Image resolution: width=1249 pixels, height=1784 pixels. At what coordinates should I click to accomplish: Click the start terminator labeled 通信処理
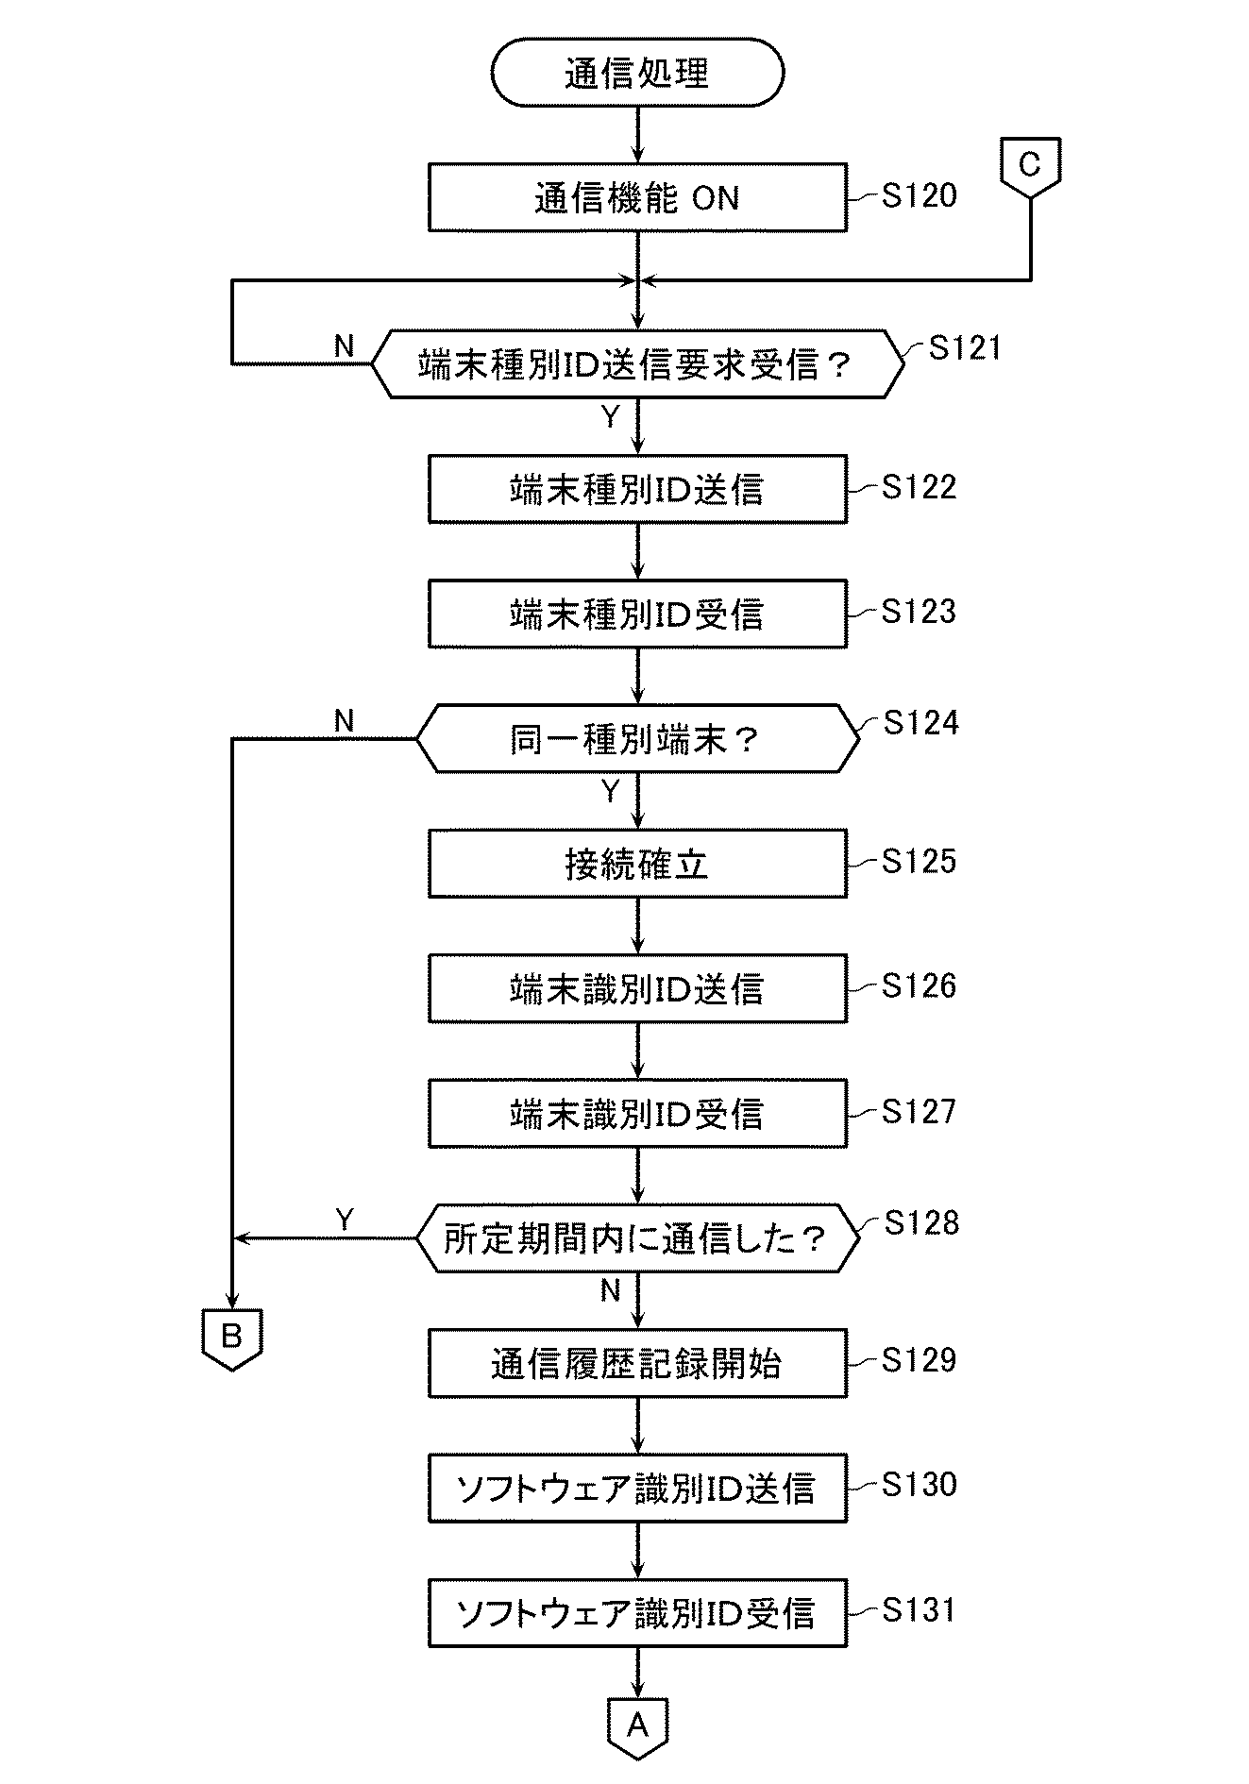point(637,73)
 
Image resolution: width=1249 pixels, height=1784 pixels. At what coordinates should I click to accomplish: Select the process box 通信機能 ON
point(637,197)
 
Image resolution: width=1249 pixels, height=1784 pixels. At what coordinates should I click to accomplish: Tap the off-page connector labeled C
point(1030,168)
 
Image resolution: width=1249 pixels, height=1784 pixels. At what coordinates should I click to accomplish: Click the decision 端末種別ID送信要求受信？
point(637,364)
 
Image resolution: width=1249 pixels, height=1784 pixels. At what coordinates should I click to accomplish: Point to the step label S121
point(964,347)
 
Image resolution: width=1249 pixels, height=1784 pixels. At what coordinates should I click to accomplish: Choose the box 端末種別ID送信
point(637,489)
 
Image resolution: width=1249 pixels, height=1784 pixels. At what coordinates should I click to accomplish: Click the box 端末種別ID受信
point(637,614)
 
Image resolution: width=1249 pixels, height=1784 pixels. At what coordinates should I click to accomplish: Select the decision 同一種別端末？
point(637,739)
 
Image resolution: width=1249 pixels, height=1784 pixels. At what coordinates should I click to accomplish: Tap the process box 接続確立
point(637,864)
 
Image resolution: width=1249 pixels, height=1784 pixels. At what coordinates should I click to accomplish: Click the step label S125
point(919,861)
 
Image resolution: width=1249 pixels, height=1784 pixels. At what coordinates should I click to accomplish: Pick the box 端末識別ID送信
point(637,988)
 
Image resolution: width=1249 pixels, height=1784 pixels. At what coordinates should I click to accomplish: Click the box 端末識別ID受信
point(637,1114)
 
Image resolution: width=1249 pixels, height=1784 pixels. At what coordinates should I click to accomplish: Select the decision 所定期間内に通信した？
point(637,1238)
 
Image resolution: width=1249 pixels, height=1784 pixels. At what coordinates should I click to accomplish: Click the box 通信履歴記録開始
point(637,1363)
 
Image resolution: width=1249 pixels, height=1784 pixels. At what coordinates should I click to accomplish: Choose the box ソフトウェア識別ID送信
point(637,1489)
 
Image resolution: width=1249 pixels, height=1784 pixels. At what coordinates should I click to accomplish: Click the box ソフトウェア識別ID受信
point(637,1613)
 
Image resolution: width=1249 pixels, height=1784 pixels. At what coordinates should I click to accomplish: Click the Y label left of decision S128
point(345,1220)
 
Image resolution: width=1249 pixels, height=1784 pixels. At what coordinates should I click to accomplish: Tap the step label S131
point(919,1610)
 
